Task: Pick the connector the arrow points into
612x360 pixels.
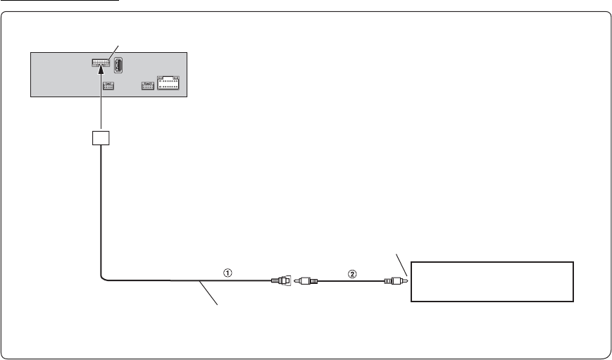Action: (102, 62)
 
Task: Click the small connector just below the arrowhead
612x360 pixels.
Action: (108, 86)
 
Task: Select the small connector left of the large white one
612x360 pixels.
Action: (147, 86)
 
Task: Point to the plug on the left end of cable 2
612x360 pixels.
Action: (306, 280)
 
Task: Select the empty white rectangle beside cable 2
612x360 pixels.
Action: (492, 281)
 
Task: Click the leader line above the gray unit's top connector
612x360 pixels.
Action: (116, 51)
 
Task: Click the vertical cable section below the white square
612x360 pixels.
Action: (101, 211)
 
